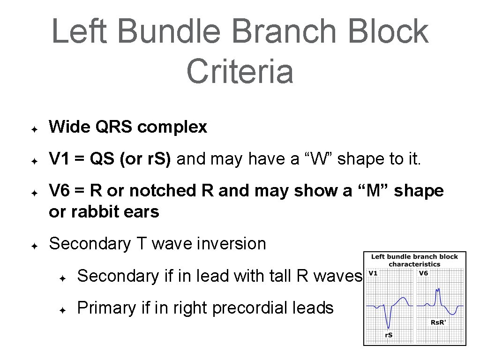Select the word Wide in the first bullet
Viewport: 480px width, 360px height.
point(67,127)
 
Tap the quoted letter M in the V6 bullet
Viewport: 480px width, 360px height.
point(377,191)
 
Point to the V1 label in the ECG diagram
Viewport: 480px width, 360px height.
point(373,273)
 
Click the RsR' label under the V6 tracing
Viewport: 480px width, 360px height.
point(439,322)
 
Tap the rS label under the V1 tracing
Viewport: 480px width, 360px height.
point(389,335)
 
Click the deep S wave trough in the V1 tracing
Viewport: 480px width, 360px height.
point(389,327)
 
